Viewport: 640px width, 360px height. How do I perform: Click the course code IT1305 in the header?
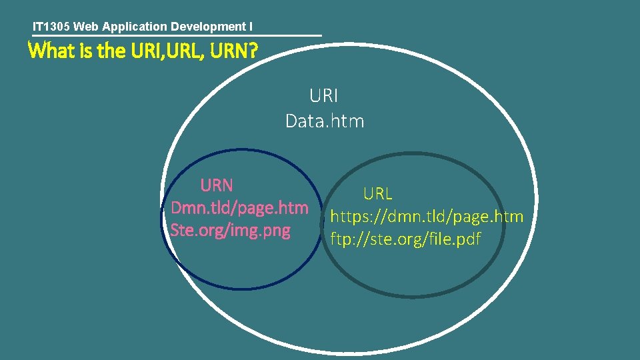[51, 27]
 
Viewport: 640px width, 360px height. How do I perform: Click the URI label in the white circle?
[324, 96]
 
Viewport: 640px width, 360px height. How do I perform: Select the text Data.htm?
[325, 121]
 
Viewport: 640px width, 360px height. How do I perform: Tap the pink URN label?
[216, 185]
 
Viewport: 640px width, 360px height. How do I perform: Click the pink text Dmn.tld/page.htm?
[239, 208]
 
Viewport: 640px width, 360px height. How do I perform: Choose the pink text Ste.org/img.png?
[231, 231]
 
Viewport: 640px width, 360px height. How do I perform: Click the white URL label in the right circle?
[377, 194]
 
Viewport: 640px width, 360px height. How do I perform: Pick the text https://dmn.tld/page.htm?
[427, 217]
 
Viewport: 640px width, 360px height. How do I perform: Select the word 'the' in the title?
[110, 51]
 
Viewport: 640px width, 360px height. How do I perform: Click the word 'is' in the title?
[87, 51]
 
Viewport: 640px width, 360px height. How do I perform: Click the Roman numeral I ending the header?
[251, 27]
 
